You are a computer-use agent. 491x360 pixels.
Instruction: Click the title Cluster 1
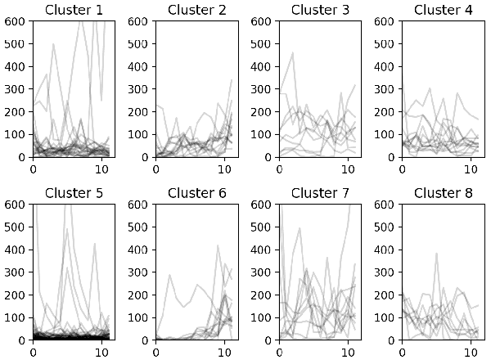tap(73, 10)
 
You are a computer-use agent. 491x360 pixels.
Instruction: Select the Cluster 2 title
tap(196, 10)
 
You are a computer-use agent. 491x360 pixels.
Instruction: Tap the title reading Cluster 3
tap(318, 10)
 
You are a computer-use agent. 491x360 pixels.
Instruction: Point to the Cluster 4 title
tap(441, 10)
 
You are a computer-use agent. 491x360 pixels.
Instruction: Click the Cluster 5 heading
tap(73, 193)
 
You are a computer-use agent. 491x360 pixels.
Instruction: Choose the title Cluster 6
tap(196, 193)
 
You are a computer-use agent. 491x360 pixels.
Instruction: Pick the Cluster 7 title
tap(318, 193)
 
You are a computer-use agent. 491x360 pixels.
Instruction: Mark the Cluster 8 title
tap(441, 193)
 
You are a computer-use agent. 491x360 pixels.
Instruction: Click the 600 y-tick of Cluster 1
tap(16, 21)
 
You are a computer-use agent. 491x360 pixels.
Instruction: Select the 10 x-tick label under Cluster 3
tap(348, 169)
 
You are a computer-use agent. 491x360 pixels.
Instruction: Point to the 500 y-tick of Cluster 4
tap(385, 44)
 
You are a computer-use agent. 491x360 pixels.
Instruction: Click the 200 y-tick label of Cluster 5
tap(16, 295)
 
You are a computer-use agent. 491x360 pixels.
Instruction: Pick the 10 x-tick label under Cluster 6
tap(225, 353)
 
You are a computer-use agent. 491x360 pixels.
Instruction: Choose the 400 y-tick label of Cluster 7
tap(262, 250)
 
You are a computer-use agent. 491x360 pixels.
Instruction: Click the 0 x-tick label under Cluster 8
tap(402, 353)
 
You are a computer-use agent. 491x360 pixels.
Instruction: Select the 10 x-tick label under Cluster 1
tap(102, 169)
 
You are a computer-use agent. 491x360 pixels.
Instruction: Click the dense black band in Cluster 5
tap(70, 335)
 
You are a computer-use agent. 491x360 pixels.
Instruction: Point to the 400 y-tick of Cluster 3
tap(262, 66)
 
